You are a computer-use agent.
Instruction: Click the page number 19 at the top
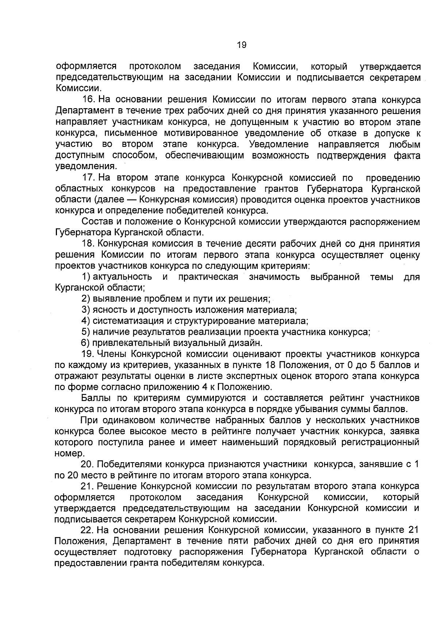(241, 45)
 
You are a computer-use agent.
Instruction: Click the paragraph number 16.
(89, 100)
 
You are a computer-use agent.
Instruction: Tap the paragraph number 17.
(89, 178)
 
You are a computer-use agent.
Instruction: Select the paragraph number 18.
(89, 244)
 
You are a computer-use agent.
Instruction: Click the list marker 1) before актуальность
(86, 277)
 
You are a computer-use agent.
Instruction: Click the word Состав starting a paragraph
(95, 222)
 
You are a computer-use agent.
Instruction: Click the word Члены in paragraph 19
(111, 354)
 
